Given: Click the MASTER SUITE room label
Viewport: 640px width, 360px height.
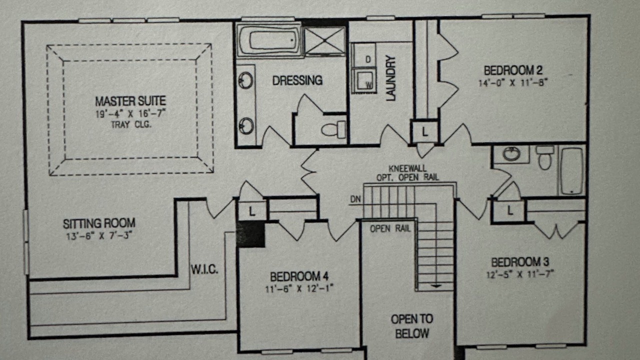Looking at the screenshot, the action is click(130, 101).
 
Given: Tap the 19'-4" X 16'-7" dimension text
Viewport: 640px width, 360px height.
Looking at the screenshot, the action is click(130, 113).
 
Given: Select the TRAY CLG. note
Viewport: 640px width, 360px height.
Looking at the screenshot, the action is click(131, 124).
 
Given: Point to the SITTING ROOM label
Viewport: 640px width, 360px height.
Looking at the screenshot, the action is click(99, 223).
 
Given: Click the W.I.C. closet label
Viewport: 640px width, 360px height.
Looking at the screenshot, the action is click(204, 269).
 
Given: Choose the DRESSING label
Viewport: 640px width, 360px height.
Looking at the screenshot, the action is click(297, 80).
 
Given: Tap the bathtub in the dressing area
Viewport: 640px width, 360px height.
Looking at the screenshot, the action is click(269, 40).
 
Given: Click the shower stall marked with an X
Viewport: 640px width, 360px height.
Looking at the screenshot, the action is click(324, 40).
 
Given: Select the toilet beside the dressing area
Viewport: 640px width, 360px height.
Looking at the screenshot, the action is click(333, 129).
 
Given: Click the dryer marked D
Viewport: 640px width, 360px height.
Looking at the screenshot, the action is click(363, 55).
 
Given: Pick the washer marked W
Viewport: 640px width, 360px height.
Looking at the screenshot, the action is click(363, 80).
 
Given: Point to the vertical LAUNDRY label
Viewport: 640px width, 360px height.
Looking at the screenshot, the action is click(391, 78).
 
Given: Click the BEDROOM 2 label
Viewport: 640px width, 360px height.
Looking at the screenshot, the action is click(513, 70).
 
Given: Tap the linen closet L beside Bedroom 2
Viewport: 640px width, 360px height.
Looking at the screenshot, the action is click(425, 131).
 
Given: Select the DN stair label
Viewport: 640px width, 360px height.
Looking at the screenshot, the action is click(355, 199).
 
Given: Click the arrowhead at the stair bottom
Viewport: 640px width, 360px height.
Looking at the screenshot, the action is click(436, 285).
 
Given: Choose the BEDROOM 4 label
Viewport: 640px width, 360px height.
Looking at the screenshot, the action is click(299, 276).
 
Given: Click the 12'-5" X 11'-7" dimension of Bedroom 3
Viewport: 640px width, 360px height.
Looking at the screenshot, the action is click(520, 274).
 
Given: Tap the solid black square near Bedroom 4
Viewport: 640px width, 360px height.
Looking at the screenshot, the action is click(250, 234).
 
